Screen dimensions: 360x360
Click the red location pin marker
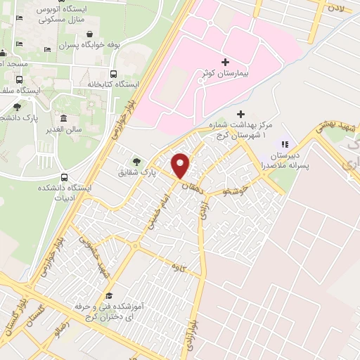click(x=181, y=165)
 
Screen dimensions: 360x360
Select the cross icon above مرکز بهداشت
click(x=240, y=113)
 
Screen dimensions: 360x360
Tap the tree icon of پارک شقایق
click(x=136, y=161)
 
